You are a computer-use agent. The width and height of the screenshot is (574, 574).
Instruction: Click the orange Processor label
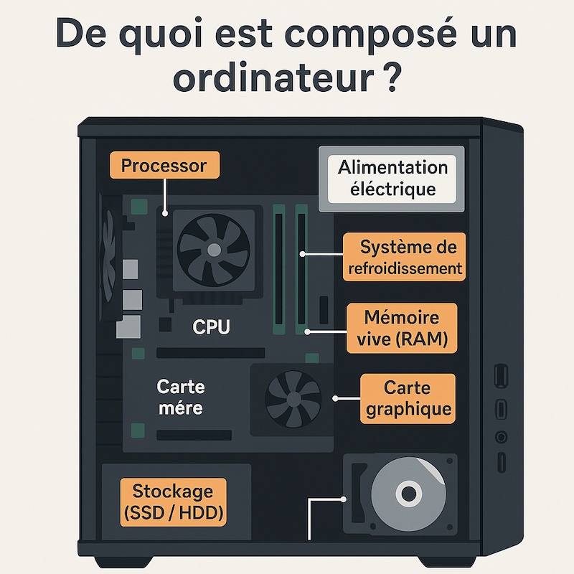[164, 166]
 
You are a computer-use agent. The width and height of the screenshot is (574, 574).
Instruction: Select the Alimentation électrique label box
[392, 179]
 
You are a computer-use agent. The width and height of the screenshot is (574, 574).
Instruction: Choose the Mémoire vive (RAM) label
[401, 328]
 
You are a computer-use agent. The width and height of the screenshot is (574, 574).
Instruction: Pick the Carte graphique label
[407, 398]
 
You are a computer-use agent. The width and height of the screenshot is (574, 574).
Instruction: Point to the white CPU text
[212, 327]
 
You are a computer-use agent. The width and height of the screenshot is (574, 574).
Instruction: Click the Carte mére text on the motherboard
[180, 397]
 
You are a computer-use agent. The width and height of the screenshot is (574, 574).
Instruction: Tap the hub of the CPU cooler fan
[214, 248]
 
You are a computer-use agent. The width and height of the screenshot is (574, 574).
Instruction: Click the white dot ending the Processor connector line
[164, 213]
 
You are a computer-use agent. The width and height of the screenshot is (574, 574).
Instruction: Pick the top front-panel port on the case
[501, 375]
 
